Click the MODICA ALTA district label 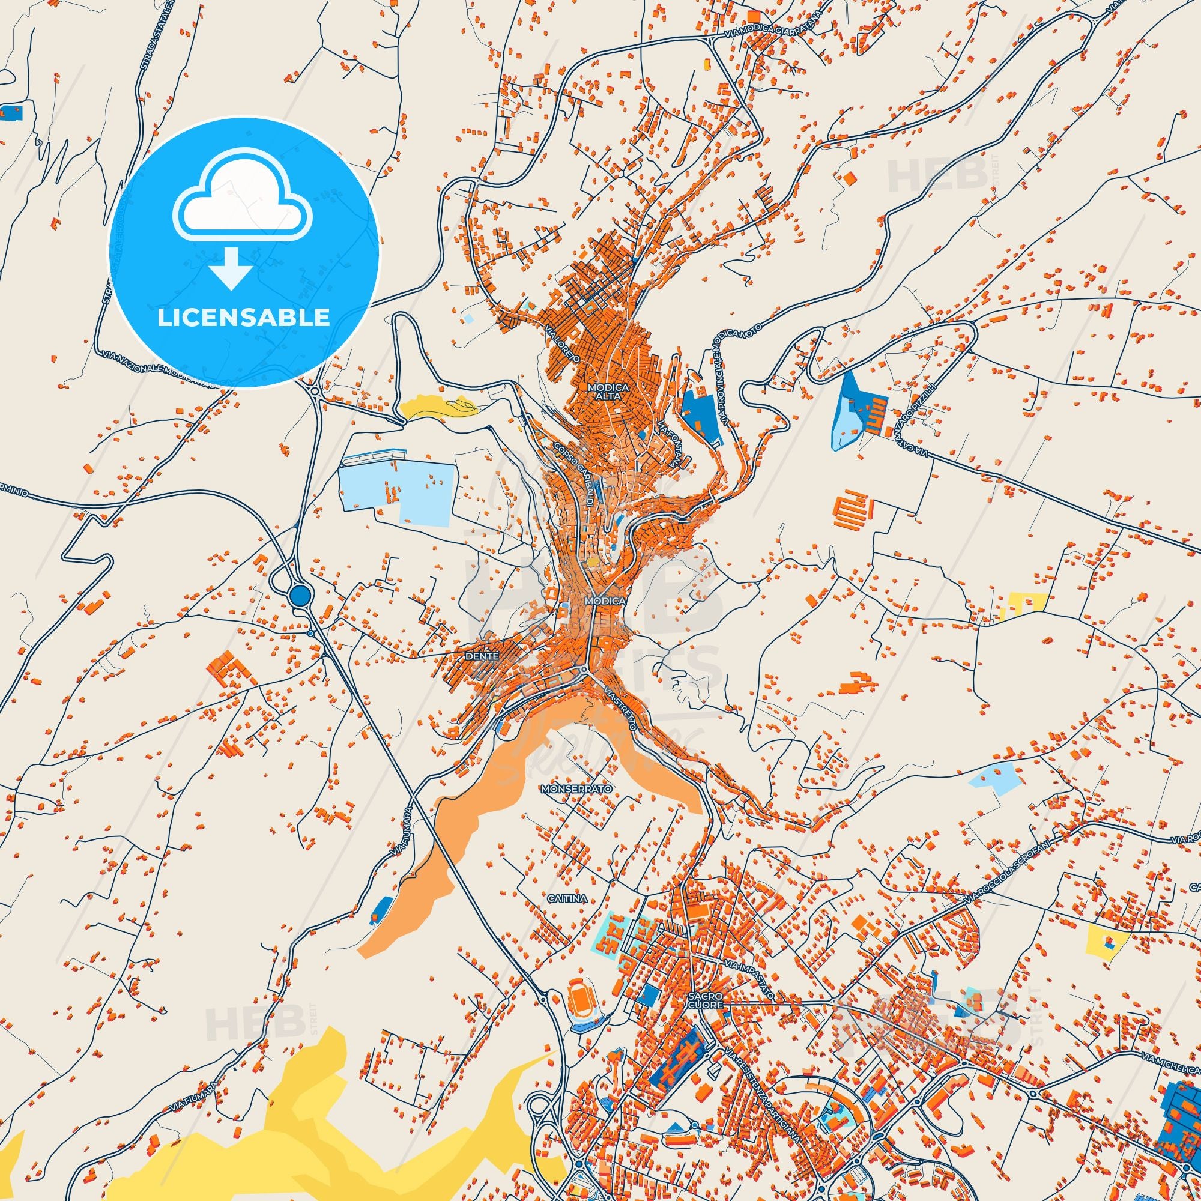pyautogui.click(x=608, y=392)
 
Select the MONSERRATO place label pyautogui.click(x=577, y=789)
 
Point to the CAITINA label pyautogui.click(x=567, y=898)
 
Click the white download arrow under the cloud pyautogui.click(x=231, y=268)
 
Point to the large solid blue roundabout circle pyautogui.click(x=300, y=595)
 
